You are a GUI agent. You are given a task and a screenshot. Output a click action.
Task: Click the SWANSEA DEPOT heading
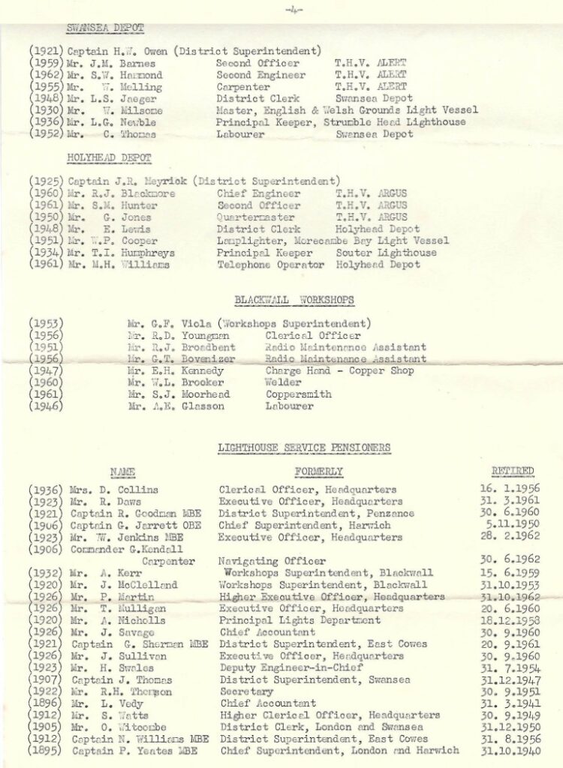(x=105, y=28)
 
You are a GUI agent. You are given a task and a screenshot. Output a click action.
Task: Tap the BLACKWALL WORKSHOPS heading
(x=294, y=300)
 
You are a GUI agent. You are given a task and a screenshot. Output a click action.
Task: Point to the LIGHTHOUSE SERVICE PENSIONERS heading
(x=304, y=448)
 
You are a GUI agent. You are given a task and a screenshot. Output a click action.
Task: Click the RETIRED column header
(x=513, y=471)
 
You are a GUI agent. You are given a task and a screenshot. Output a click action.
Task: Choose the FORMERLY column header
(x=319, y=472)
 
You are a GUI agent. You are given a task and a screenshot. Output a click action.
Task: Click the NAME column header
(x=122, y=472)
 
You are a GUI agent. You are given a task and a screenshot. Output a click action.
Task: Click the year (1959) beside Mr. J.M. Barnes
(x=47, y=63)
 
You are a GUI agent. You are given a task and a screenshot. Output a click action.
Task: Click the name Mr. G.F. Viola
(x=158, y=323)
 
